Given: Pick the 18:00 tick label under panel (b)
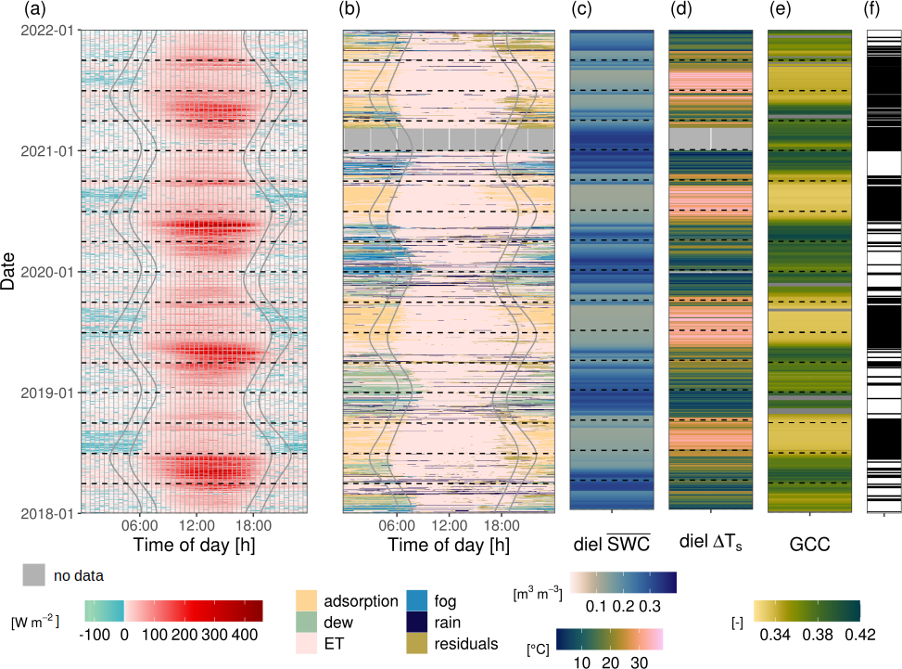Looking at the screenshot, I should tap(501, 524).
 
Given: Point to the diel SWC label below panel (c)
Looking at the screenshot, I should tap(611, 541).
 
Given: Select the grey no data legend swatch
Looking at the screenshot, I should tap(33, 576).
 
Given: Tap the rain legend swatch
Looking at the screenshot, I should tap(418, 623).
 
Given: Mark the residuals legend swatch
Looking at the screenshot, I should tap(418, 643).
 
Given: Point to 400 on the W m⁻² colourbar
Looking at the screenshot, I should tap(245, 632).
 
